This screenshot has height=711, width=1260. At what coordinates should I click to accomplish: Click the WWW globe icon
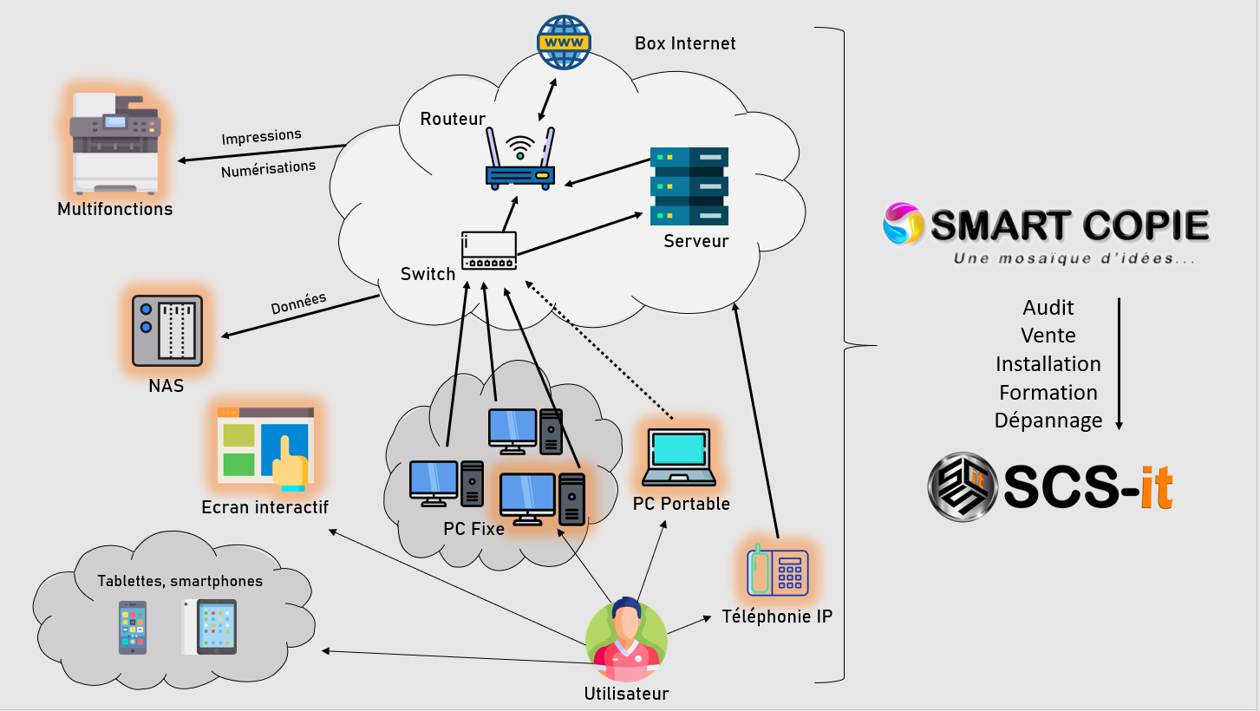[x=564, y=42]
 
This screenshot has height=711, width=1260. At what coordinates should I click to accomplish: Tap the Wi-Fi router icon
[x=520, y=159]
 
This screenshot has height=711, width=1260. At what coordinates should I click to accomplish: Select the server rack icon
[x=689, y=186]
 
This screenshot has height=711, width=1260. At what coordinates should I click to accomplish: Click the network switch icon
[x=489, y=251]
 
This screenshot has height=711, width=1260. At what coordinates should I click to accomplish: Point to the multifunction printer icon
[x=115, y=143]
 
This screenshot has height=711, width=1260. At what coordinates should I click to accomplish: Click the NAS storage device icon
[x=167, y=330]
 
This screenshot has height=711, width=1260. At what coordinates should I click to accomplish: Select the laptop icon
[x=679, y=457]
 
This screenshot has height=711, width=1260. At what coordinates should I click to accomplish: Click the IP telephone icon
[x=777, y=571]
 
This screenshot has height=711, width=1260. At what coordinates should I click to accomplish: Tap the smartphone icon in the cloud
[x=133, y=627]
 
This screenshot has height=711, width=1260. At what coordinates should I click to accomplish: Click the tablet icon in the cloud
[x=210, y=627]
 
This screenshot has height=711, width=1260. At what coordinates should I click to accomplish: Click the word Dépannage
[x=1048, y=421]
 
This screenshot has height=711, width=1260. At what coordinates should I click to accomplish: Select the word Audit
[x=1048, y=308]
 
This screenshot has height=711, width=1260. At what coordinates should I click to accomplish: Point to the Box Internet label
[x=684, y=43]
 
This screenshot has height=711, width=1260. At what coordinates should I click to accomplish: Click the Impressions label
[x=262, y=136]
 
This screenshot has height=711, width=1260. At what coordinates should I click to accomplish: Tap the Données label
[x=298, y=303]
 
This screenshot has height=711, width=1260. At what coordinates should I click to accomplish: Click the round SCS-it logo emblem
[x=963, y=487]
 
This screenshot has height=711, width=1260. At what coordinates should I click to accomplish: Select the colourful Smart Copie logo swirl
[x=903, y=224]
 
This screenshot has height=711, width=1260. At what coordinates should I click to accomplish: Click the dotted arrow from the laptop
[x=599, y=350]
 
